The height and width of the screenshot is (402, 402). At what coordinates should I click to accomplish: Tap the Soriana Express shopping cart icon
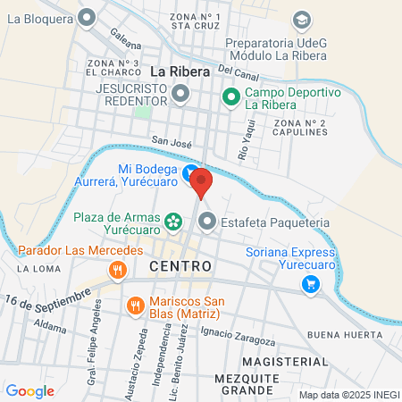311,284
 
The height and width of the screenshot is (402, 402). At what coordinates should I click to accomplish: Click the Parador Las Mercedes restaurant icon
115,268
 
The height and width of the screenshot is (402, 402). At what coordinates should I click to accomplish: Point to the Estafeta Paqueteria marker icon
208,222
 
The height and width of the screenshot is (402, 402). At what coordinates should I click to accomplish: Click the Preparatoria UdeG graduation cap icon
302,19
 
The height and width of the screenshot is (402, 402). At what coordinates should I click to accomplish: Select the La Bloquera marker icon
87,17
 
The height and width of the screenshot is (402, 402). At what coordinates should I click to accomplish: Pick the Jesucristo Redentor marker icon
180,93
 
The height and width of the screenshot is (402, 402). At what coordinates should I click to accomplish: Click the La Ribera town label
180,71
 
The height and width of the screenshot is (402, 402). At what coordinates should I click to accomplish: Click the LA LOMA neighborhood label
37,268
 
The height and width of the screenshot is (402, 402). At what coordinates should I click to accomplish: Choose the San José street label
172,140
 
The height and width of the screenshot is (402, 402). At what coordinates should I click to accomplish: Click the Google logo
29,390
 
